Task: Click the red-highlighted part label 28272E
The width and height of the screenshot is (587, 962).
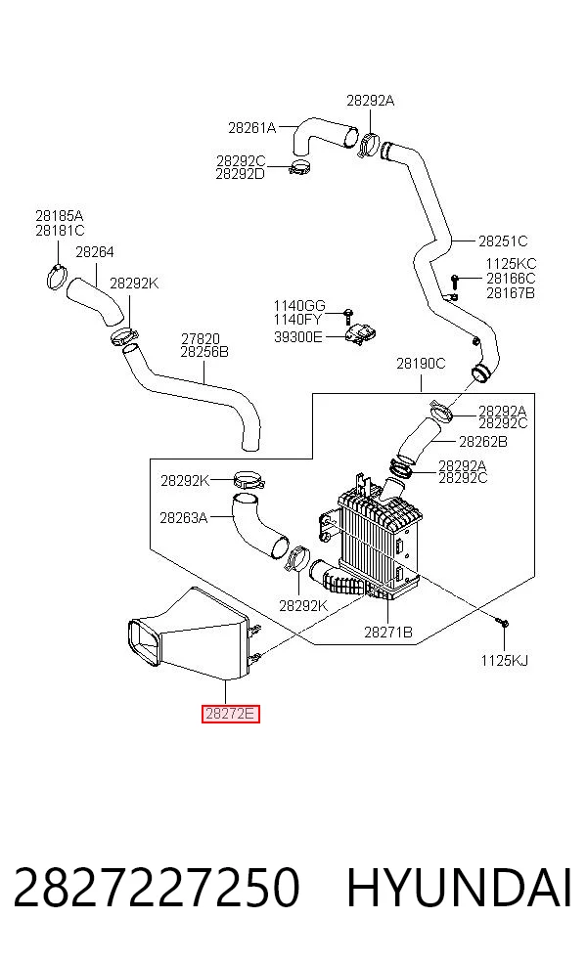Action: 231,714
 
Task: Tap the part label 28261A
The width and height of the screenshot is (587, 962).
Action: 251,128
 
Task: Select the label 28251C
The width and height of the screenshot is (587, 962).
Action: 503,241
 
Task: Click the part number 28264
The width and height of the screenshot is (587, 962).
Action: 95,251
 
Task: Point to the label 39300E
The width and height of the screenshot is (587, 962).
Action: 297,337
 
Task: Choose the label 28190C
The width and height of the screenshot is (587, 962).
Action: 421,364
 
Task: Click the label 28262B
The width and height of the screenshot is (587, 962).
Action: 483,441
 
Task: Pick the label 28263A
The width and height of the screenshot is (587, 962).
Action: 184,518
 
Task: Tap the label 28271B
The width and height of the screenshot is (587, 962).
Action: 388,632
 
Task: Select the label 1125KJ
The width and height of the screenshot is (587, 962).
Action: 504,660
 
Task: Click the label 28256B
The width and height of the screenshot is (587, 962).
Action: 204,352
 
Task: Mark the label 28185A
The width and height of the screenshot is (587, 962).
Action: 60,216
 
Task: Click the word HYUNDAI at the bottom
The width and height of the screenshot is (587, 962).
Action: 459,888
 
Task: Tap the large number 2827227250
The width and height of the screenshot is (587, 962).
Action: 157,888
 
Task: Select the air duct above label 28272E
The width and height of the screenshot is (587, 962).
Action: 191,634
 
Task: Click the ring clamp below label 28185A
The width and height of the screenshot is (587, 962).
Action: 57,278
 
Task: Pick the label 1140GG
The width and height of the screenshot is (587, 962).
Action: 299,306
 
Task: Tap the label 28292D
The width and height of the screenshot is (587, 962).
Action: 240,174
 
